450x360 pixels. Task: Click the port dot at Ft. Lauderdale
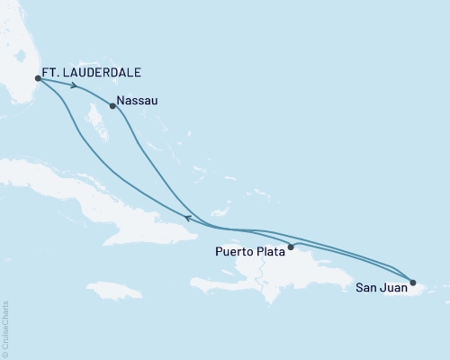coord(37,78)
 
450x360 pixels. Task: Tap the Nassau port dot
coord(112,106)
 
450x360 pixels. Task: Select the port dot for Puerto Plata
coord(291,247)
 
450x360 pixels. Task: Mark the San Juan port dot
coord(413,283)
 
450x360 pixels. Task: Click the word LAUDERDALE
coord(104,72)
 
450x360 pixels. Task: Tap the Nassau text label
coord(138,101)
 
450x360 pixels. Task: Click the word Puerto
coord(234,253)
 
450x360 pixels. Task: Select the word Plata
coord(269,253)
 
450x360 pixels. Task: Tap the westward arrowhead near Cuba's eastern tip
coord(186,217)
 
